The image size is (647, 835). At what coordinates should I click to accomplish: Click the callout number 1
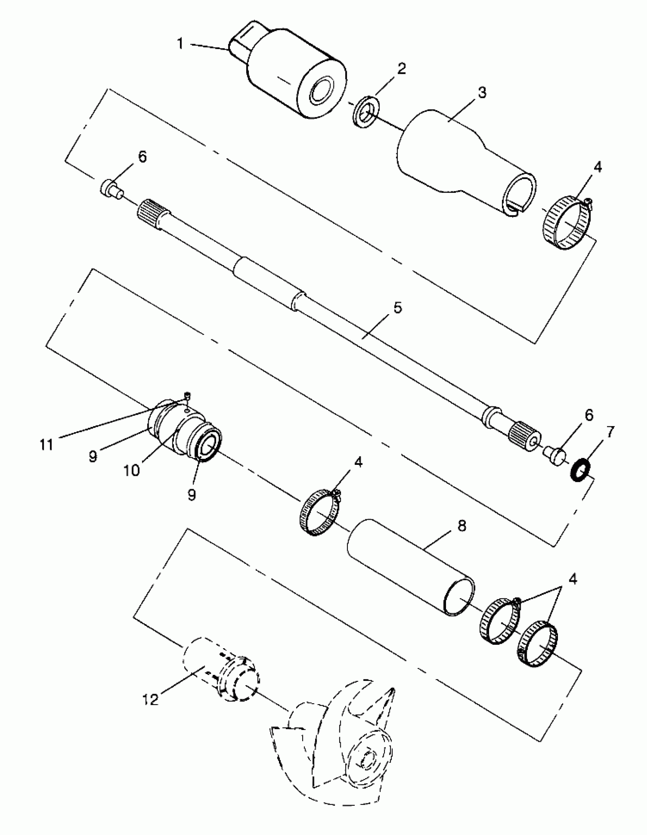pos(180,44)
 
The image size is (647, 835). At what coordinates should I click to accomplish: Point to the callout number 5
pos(398,307)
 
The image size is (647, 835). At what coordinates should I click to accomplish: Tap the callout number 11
pos(47,445)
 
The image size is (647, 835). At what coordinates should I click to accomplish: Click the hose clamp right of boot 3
pos(568,223)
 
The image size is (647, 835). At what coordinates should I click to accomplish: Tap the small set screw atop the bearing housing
pos(187,396)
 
